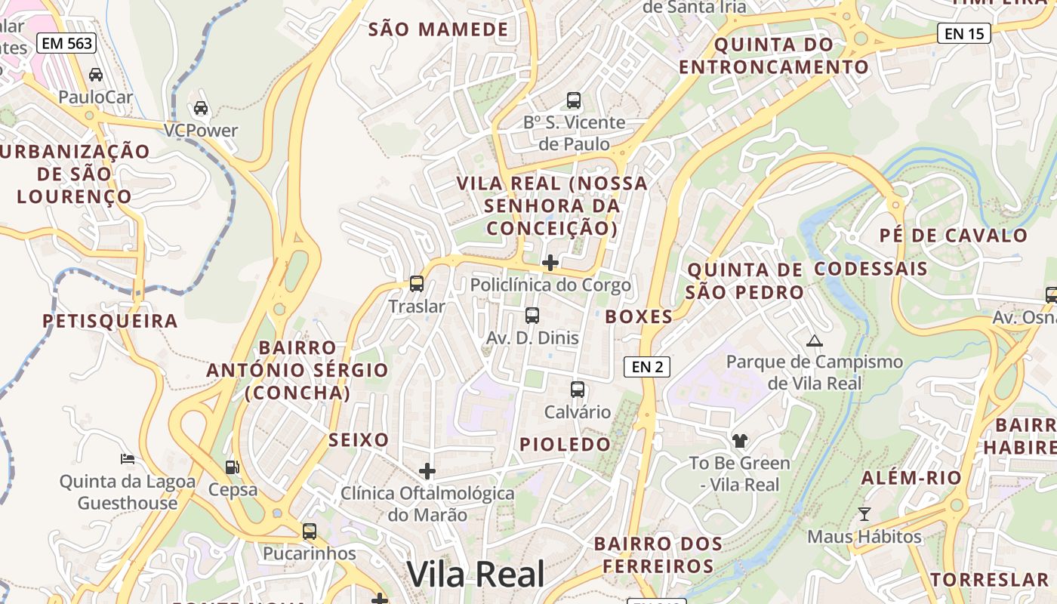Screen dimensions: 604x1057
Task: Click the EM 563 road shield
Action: (x=67, y=44)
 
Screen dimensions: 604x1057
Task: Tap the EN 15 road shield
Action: (x=964, y=33)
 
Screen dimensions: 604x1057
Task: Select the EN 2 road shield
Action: (x=647, y=367)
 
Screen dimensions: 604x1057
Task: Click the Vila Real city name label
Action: (x=476, y=575)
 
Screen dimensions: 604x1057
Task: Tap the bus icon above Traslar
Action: (x=416, y=284)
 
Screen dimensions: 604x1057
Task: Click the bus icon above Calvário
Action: (x=578, y=390)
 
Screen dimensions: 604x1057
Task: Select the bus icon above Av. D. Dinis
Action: (x=532, y=316)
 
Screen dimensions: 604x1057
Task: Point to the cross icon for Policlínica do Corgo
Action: (x=550, y=263)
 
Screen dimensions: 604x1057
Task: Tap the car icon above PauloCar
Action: (x=96, y=75)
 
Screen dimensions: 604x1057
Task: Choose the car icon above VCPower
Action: (x=201, y=108)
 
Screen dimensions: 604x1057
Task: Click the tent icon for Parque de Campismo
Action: (x=814, y=341)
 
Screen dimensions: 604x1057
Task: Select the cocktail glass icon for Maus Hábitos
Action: (x=864, y=514)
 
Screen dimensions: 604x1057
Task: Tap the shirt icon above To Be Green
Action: (x=739, y=440)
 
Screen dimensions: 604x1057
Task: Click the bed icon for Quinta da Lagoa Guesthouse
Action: (x=128, y=459)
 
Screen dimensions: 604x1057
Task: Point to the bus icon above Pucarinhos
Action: (x=310, y=531)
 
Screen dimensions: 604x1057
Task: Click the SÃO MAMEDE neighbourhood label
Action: (x=439, y=29)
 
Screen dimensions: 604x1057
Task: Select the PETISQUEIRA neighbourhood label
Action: (x=110, y=321)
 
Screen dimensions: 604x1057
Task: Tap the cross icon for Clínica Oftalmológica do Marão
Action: (x=427, y=471)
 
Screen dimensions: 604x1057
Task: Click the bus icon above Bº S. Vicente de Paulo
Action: (x=574, y=100)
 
